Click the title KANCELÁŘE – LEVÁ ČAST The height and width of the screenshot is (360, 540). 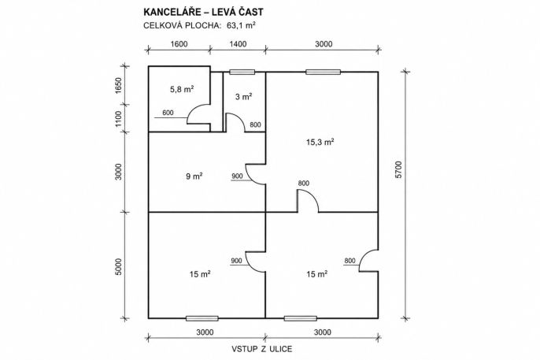[x=203, y=12]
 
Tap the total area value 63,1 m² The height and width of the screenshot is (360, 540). [x=241, y=25]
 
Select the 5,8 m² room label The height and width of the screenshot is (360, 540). [x=182, y=90]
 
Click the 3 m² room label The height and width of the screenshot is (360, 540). [x=244, y=97]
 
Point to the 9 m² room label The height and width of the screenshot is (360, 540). [x=194, y=176]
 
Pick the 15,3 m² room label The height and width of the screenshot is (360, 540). [x=320, y=142]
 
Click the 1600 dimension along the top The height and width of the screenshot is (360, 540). [x=179, y=44]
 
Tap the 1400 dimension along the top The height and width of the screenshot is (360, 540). [x=238, y=44]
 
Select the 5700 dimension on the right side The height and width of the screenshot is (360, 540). [x=399, y=169]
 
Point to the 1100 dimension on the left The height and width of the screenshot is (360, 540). [x=118, y=118]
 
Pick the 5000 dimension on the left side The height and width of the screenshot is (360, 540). [x=118, y=266]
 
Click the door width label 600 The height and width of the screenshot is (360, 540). [x=168, y=113]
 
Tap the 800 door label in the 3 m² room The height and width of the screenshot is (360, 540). [x=255, y=124]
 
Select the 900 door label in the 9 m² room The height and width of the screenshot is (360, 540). [x=237, y=176]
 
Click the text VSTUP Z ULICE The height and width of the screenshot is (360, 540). [x=261, y=349]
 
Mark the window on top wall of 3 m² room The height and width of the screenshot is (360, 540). [x=242, y=72]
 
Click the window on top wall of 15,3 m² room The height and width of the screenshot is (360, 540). [x=323, y=72]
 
